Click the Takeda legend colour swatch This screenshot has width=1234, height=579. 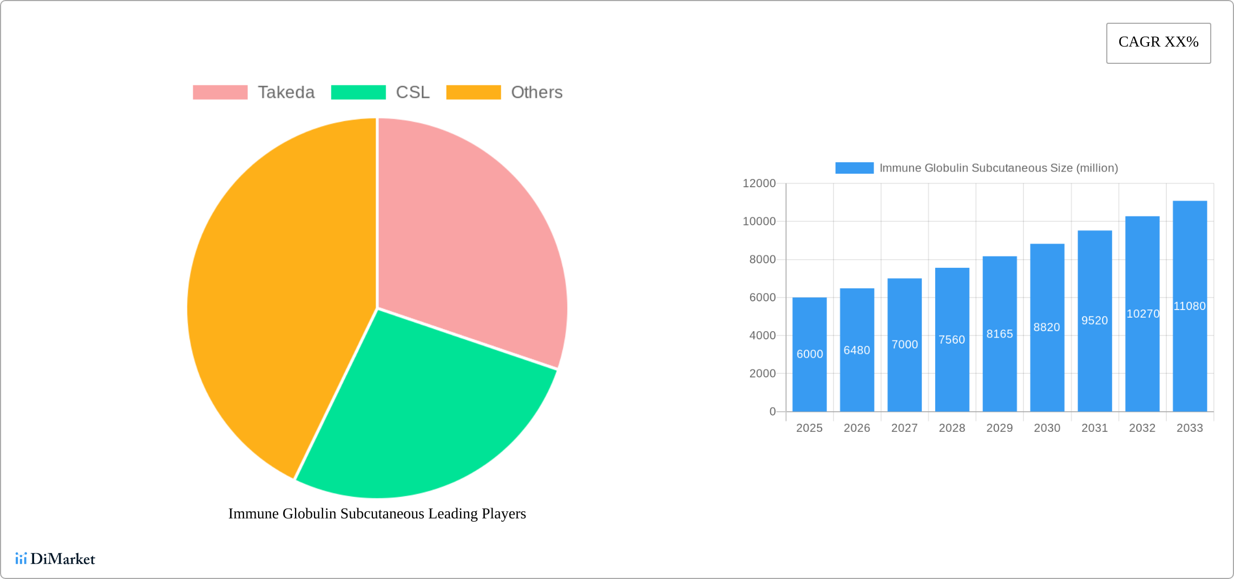[x=220, y=93]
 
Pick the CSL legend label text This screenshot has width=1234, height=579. [x=412, y=93]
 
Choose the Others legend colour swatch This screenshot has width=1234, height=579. [x=473, y=93]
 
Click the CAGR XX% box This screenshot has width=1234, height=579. [x=1158, y=43]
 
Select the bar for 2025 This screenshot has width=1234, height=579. [x=809, y=379]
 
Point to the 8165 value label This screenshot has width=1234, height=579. [x=999, y=334]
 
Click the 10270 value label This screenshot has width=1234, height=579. [x=1143, y=314]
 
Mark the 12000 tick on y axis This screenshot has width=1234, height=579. [x=759, y=183]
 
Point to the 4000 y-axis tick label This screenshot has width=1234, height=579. [x=762, y=335]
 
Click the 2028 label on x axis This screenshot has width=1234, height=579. [x=951, y=428]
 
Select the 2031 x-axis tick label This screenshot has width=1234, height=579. [x=1094, y=428]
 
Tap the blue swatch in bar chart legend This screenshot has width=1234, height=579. [x=854, y=168]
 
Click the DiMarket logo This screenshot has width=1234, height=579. [x=55, y=558]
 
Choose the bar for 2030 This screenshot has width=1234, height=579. [x=1047, y=368]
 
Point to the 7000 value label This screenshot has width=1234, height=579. [x=904, y=345]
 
